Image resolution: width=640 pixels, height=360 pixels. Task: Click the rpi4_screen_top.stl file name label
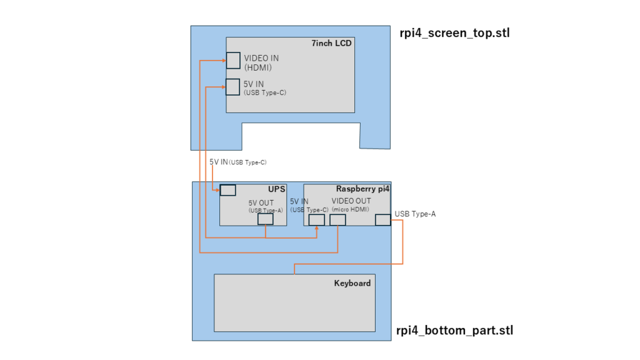point(455,32)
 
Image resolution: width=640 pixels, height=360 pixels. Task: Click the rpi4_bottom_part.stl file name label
point(455,330)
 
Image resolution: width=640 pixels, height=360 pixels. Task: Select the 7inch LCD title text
point(331,43)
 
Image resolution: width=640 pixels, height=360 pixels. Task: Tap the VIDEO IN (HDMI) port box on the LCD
point(233,61)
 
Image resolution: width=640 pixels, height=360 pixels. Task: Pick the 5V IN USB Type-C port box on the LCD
point(232,87)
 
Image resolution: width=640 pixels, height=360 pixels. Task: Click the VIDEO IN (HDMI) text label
point(261,63)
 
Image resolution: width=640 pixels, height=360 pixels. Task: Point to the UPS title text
point(276,189)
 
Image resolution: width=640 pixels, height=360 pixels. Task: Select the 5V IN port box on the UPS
point(227,190)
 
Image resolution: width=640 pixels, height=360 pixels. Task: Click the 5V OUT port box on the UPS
point(265,219)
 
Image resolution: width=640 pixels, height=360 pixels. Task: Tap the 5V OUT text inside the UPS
point(261,203)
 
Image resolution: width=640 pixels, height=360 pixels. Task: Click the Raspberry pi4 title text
point(362,189)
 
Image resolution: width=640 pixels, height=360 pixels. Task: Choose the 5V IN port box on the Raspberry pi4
point(317,220)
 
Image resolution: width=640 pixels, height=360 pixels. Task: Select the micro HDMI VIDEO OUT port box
point(337,220)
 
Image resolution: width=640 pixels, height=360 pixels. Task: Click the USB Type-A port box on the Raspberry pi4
point(383,220)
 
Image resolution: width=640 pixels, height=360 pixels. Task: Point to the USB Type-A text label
point(415,214)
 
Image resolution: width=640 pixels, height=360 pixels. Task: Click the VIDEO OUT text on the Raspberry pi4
point(351,201)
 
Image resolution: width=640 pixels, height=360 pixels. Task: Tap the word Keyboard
point(352,283)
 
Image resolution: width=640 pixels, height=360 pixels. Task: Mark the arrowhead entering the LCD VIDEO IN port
point(224,61)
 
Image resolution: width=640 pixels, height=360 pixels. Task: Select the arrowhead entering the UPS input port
point(218,190)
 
